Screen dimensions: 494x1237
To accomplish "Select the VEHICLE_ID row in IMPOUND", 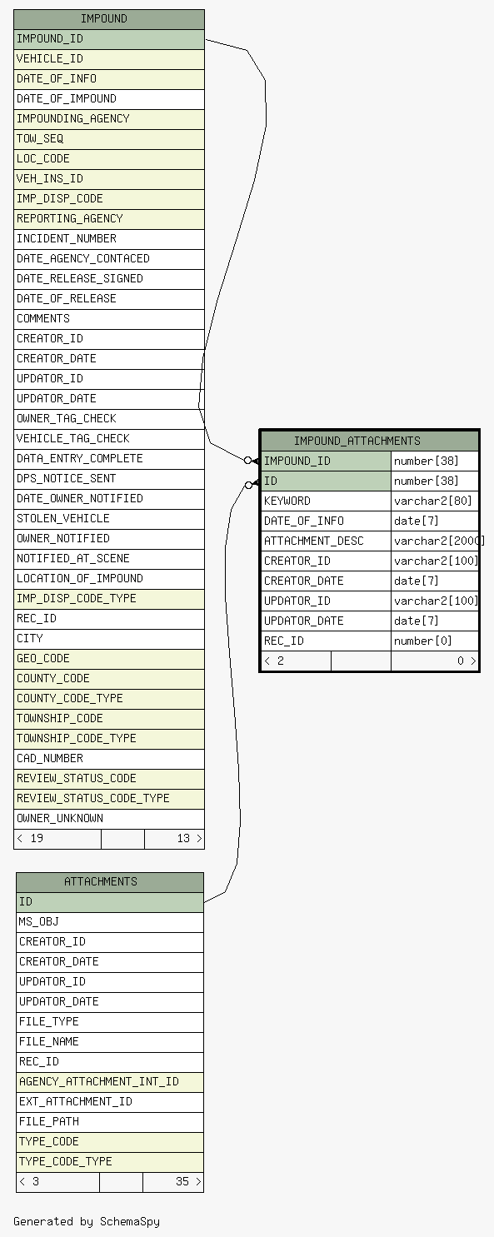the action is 109,59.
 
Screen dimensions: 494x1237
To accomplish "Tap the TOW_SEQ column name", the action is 40,138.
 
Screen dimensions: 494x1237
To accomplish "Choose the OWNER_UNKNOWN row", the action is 109,818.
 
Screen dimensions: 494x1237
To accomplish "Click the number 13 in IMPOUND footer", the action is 183,838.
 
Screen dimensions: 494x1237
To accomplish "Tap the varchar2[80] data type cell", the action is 435,501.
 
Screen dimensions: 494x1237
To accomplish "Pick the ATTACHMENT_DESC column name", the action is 314,541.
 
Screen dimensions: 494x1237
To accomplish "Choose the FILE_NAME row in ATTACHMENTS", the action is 110,1041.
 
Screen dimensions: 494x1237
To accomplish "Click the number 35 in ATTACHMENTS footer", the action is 182,1181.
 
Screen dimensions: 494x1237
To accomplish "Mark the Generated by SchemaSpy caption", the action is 87,1221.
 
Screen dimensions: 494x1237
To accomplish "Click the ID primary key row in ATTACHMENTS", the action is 110,902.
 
